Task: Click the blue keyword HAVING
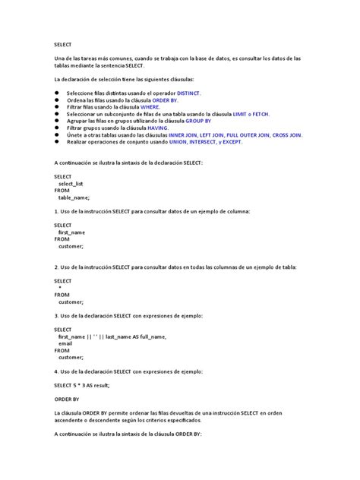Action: pyautogui.click(x=151, y=128)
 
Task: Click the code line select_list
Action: pyautogui.click(x=71, y=183)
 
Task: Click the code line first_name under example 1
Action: pyautogui.click(x=71, y=232)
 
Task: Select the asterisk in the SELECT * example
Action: pyautogui.click(x=60, y=287)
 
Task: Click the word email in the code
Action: pyautogui.click(x=65, y=343)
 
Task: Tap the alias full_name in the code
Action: pyautogui.click(x=151, y=336)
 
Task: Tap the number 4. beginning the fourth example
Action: pyautogui.click(x=57, y=371)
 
